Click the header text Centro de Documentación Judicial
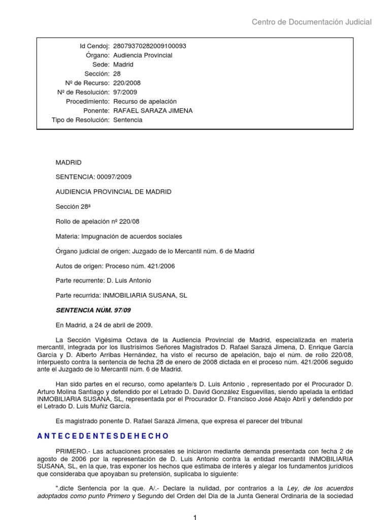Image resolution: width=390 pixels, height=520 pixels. coord(312,22)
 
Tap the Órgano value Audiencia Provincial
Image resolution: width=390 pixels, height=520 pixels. coord(142,55)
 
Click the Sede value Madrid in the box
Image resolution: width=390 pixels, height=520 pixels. coord(123,64)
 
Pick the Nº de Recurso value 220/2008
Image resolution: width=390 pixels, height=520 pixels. coord(126,83)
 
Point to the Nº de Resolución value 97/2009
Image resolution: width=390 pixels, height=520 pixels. coord(124,92)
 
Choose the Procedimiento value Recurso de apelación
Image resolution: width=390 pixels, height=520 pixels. coord(145,102)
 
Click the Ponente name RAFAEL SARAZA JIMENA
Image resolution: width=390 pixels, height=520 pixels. coord(152,111)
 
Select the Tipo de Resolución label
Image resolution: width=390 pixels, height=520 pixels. coord(81,120)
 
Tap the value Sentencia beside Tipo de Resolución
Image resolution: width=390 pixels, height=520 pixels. coord(127,120)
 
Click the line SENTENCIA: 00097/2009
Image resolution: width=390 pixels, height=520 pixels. coord(94,177)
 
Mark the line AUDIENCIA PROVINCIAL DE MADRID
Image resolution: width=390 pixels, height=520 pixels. coord(113,192)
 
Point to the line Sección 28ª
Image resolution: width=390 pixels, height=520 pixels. coord(73,207)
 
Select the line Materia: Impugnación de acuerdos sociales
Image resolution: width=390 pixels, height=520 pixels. coord(118,236)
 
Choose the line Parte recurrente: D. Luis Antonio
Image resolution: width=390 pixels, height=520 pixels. coord(103,280)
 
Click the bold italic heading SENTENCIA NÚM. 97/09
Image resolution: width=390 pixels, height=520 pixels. coord(89,310)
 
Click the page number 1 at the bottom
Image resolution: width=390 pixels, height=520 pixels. coord(195,517)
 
